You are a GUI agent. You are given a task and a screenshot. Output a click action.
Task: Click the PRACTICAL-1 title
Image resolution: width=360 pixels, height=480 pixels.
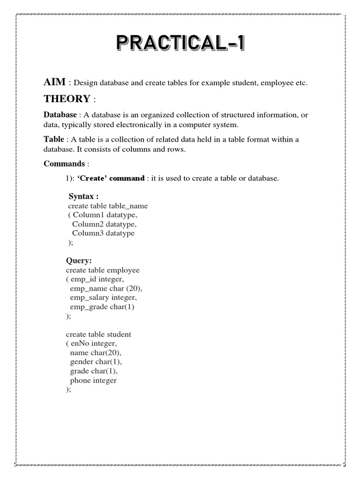[x=180, y=46]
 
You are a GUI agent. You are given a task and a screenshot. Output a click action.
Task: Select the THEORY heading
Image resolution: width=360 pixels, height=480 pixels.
[x=67, y=99]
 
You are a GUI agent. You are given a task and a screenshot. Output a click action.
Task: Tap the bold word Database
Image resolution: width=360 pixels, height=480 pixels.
[x=60, y=115]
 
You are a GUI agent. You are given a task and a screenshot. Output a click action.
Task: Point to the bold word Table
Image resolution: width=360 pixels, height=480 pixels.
[x=53, y=139]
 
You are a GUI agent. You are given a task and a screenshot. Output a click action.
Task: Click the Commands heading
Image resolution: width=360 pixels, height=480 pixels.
[x=64, y=164]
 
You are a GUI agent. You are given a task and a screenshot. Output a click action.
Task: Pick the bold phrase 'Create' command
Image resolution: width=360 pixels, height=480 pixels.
[x=111, y=179]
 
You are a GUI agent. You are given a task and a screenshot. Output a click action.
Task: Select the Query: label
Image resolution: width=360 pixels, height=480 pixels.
[x=79, y=261]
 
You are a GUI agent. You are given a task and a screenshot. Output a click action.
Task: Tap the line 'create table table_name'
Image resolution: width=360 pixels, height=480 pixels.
[x=108, y=206]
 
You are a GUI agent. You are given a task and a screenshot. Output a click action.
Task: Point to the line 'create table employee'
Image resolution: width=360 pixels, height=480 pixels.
[x=103, y=270]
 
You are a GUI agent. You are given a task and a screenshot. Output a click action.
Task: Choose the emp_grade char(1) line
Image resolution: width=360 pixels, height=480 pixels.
[x=98, y=307]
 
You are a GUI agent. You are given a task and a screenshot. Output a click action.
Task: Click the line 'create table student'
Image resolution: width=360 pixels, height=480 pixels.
[x=98, y=334]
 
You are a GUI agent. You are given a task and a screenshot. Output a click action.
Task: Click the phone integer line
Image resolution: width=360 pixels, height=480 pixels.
[x=93, y=380]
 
